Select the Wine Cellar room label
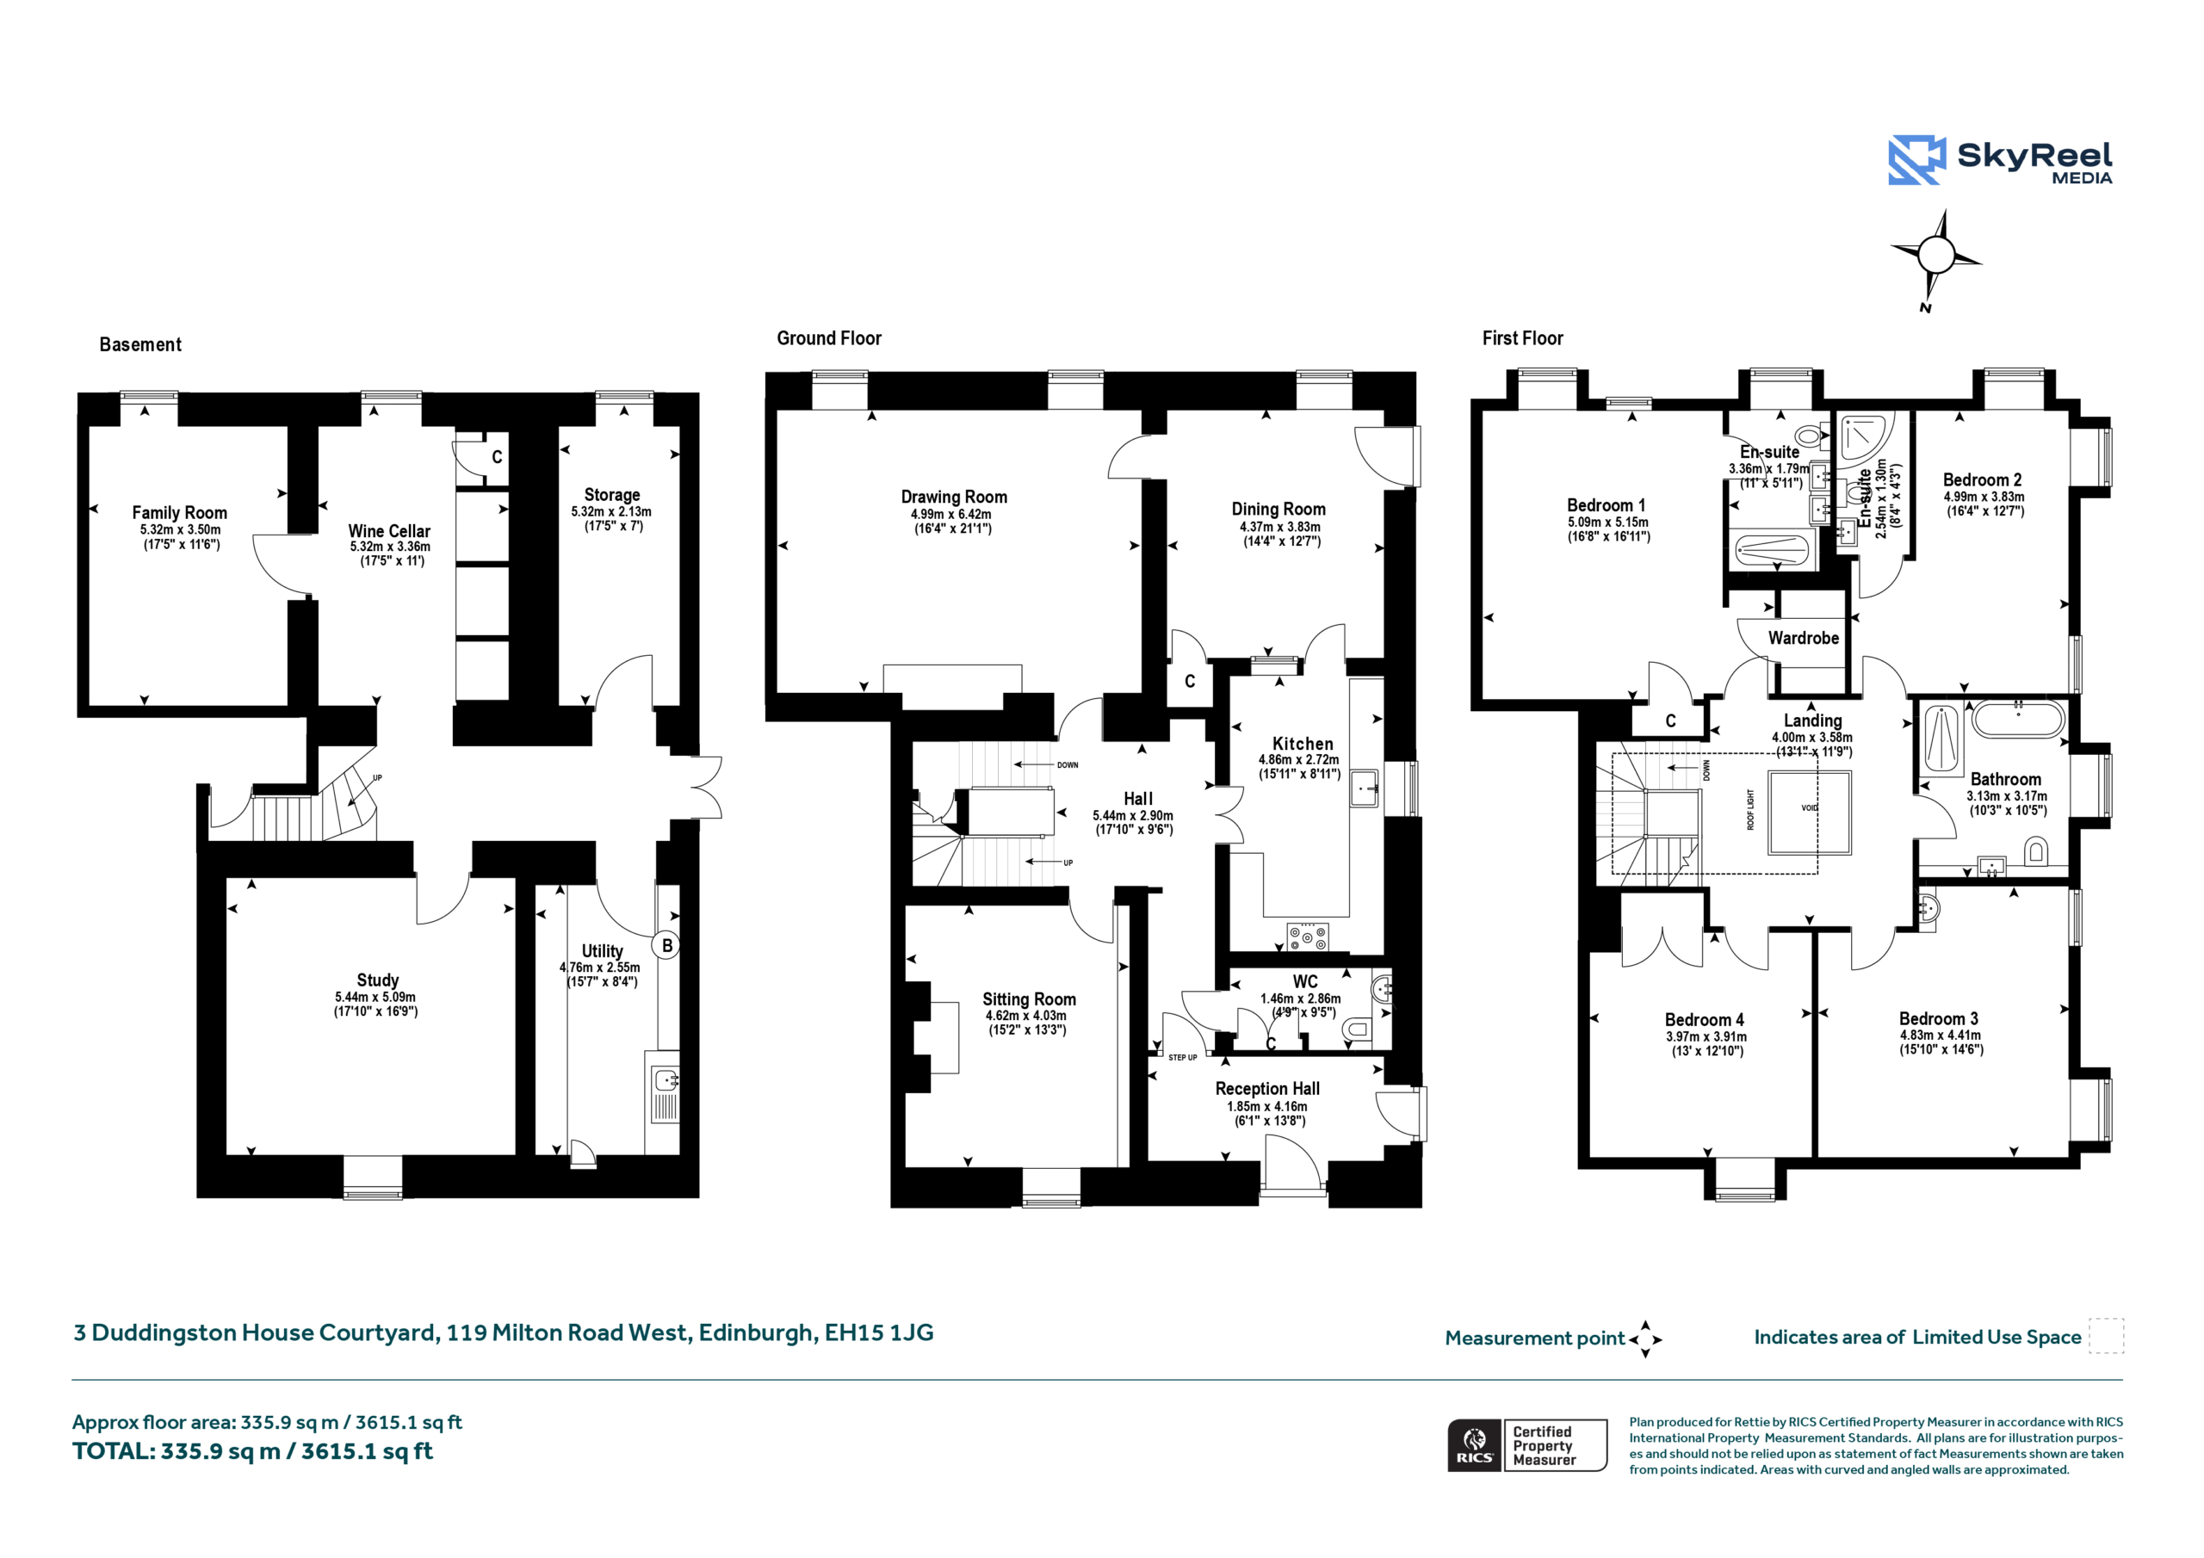[389, 531]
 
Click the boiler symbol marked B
[667, 945]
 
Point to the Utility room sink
[666, 1080]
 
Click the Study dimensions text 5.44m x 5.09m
[375, 998]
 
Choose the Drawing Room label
[954, 498]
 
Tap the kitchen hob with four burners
[1308, 936]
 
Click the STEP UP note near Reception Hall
[1183, 1058]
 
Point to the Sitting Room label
[1029, 999]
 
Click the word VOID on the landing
[1810, 808]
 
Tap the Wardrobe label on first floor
[1804, 639]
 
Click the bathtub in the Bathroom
[2017, 719]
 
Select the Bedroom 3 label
[1938, 1018]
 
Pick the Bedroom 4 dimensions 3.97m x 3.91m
[1706, 1036]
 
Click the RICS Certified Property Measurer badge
[1527, 1444]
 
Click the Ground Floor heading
[829, 338]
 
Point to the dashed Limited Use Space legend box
[2106, 1336]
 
